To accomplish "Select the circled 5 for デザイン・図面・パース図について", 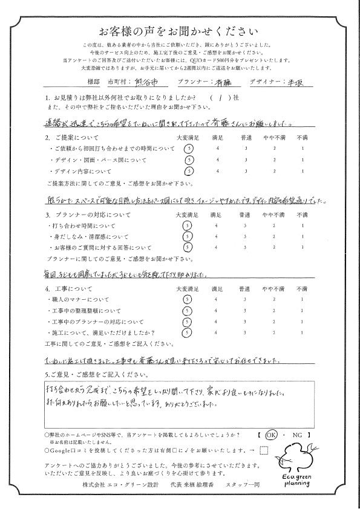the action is click(x=189, y=160).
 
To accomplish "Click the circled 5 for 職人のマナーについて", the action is click(x=189, y=300).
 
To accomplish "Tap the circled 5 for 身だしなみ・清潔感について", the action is click(x=189, y=236).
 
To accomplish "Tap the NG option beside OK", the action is click(x=296, y=434).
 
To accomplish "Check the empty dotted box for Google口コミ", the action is click(x=263, y=449).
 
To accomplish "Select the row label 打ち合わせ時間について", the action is click(x=78, y=225).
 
